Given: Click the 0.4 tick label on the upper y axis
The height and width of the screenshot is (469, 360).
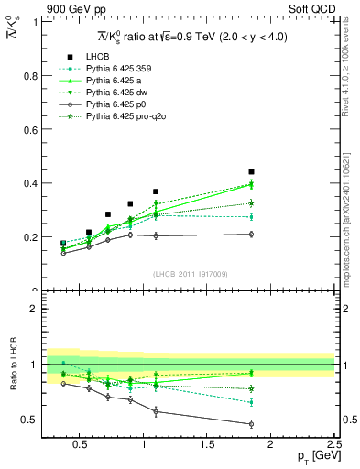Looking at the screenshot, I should coord(30,183).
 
